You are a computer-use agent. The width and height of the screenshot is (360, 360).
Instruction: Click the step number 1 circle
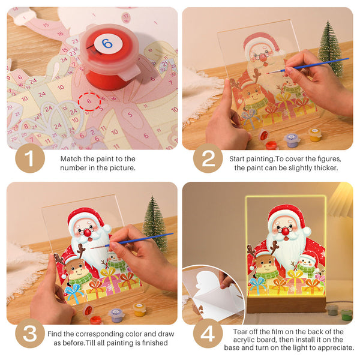30,160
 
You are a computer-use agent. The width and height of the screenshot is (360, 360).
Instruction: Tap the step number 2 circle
208,160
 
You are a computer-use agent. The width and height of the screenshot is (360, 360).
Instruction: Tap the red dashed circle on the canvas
89,101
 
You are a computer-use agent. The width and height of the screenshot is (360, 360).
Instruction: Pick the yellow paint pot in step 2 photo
315,134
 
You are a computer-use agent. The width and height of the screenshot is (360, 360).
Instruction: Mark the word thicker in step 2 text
328,168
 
